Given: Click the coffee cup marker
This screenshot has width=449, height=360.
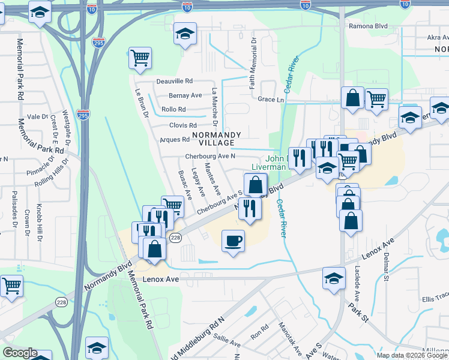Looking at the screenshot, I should [x=233, y=242].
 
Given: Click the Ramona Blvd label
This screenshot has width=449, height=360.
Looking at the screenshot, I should [x=368, y=27].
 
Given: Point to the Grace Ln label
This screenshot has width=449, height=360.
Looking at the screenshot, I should [x=270, y=100].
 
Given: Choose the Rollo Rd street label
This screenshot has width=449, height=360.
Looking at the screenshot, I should [x=173, y=110].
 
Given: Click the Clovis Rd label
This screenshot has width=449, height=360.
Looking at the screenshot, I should [x=183, y=125].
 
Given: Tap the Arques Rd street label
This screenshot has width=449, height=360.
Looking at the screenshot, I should [x=175, y=140].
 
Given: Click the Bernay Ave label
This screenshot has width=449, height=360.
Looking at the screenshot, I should [x=185, y=95].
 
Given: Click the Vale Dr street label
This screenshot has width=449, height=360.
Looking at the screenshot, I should [x=37, y=116].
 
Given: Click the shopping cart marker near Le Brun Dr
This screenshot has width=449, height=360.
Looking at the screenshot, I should [x=140, y=59].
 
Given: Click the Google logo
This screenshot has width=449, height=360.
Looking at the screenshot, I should [x=20, y=353].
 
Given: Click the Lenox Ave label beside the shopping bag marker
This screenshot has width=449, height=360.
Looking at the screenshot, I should [x=378, y=244].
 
